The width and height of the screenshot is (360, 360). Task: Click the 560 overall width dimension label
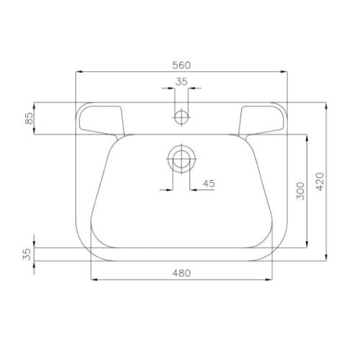181,65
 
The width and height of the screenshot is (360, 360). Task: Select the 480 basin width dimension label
181,273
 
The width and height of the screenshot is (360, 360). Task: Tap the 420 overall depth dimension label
320,181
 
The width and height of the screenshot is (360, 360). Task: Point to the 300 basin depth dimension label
300,191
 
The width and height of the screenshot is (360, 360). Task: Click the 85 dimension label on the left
30,118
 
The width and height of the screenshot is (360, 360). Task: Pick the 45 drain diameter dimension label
209,184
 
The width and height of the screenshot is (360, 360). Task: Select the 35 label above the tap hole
181,82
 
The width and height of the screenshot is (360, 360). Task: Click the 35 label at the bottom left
27,254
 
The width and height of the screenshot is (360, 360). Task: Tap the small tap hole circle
181,117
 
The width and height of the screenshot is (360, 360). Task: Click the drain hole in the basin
181,158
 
